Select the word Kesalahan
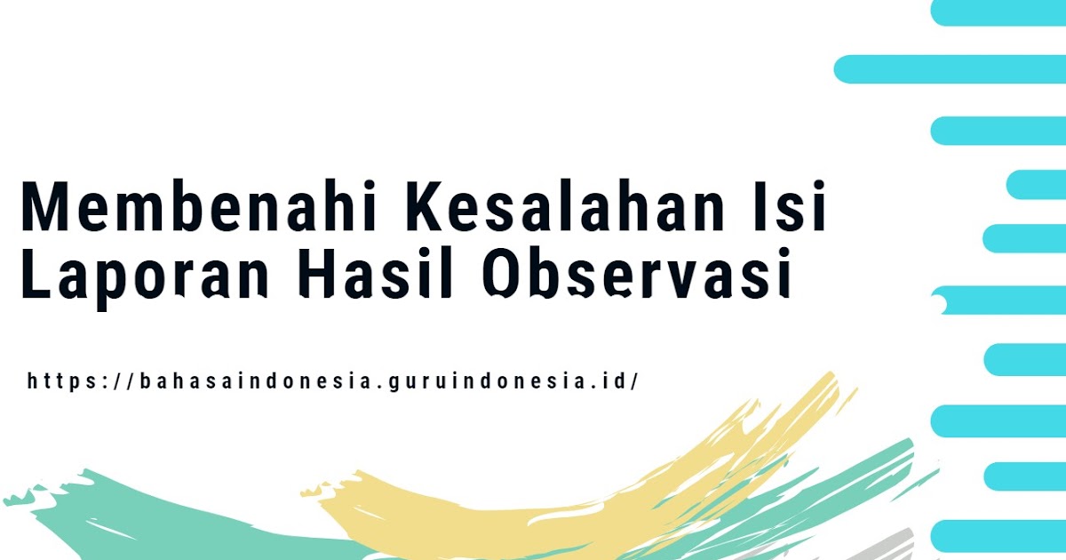pyautogui.click(x=565, y=206)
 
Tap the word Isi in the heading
pyautogui.click(x=792, y=206)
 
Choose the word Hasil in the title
pyautogui.click(x=377, y=273)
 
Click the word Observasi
pyautogui.click(x=637, y=273)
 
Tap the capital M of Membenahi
pyautogui.click(x=43, y=206)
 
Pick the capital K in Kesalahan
pyautogui.click(x=426, y=206)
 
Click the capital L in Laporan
pyautogui.click(x=36, y=273)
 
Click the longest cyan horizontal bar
pyautogui.click(x=950, y=69)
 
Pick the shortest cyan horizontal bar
pyautogui.click(x=1037, y=184)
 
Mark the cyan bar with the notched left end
pyautogui.click(x=998, y=300)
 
